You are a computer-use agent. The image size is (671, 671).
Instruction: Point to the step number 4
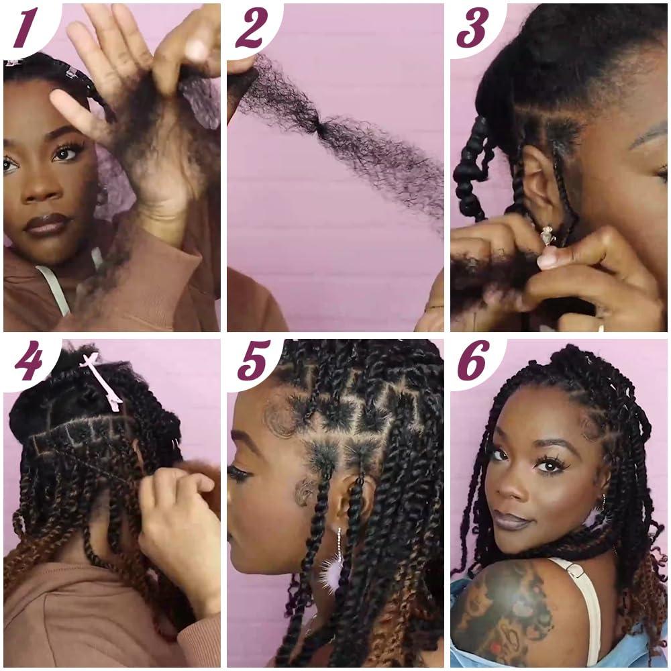click(28, 363)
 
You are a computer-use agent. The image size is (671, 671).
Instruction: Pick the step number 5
click(253, 363)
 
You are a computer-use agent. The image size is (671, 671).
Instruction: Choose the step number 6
click(474, 363)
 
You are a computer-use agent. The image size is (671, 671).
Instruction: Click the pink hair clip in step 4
click(103, 380)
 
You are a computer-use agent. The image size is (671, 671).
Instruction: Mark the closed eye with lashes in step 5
click(239, 473)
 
